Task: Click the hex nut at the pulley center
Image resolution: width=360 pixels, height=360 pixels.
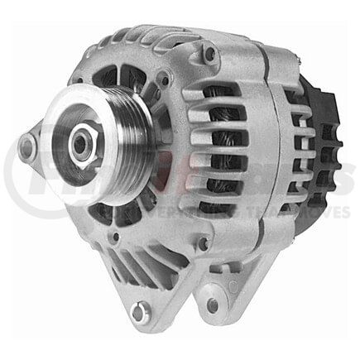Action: coord(80,148)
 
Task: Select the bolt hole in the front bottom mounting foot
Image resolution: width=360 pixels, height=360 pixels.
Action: coord(141,313)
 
